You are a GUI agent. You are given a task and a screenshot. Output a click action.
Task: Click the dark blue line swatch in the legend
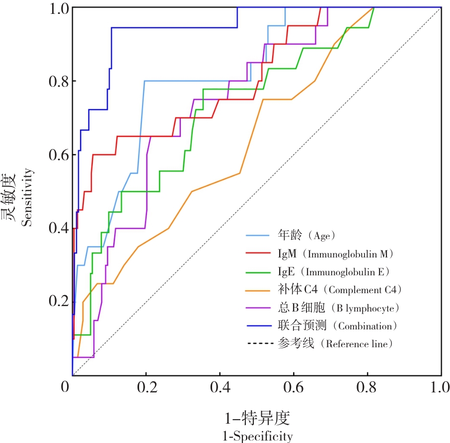click(259, 326)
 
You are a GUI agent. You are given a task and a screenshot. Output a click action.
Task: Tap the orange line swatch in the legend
click(259, 290)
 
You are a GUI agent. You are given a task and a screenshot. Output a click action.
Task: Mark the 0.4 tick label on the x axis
click(219, 387)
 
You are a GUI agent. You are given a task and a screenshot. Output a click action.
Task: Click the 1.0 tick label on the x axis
click(440, 387)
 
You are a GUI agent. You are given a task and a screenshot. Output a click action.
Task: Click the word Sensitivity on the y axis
click(28, 197)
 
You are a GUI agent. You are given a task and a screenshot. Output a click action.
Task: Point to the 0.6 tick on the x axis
click(293, 387)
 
